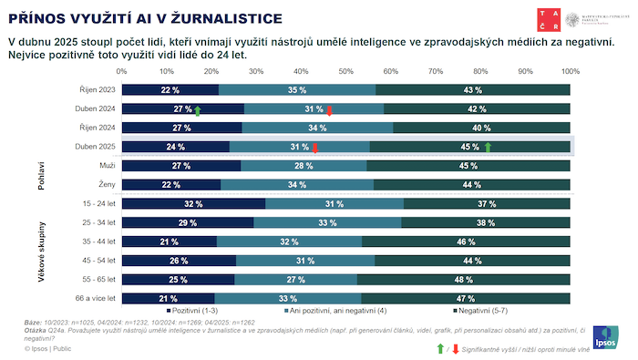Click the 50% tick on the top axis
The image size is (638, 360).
(x=346, y=70)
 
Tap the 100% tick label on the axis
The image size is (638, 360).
(x=570, y=70)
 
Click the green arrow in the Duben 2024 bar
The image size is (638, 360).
(x=198, y=109)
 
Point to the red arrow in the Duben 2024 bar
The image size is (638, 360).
(x=329, y=109)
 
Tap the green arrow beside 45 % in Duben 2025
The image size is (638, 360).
(x=488, y=147)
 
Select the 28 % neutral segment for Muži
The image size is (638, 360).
(x=304, y=166)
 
